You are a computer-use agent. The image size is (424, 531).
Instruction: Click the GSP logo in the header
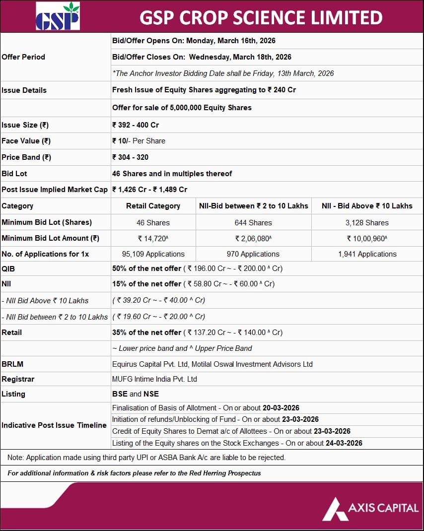(58, 17)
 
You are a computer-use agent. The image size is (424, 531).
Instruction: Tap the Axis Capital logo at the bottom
(370, 508)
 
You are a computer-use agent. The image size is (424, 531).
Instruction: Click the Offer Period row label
(23, 57)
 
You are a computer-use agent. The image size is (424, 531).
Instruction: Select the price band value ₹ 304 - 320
(131, 157)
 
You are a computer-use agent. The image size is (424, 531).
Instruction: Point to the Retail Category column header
(153, 206)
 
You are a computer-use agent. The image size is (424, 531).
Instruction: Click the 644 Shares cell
(253, 223)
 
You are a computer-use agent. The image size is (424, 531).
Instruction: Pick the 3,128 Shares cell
(367, 223)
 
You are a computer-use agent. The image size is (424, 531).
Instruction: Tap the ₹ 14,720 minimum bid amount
(153, 239)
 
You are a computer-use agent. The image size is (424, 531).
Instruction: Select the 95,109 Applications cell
(153, 254)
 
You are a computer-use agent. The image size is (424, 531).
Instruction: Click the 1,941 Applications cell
(367, 254)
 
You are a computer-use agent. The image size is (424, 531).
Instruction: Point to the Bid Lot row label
(14, 174)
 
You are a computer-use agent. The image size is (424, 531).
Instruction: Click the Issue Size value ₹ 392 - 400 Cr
(136, 125)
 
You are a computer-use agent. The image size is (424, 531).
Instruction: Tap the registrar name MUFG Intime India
(154, 379)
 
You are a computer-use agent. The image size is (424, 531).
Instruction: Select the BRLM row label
(12, 364)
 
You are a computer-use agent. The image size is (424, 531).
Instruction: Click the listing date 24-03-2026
(344, 443)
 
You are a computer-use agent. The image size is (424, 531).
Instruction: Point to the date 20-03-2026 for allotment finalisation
(281, 408)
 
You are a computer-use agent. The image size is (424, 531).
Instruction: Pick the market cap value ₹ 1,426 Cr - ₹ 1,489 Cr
(149, 190)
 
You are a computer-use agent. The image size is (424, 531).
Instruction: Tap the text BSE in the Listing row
(120, 394)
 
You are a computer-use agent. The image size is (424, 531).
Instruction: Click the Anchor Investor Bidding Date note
(223, 73)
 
